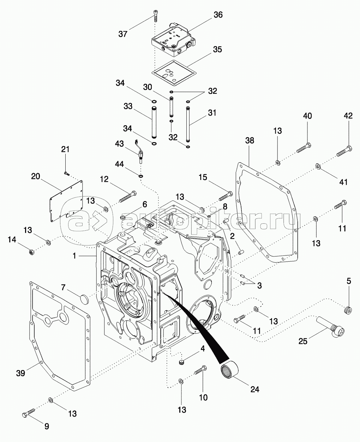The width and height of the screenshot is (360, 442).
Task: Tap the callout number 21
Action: click(65, 149)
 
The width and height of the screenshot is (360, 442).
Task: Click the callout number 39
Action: click(21, 373)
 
